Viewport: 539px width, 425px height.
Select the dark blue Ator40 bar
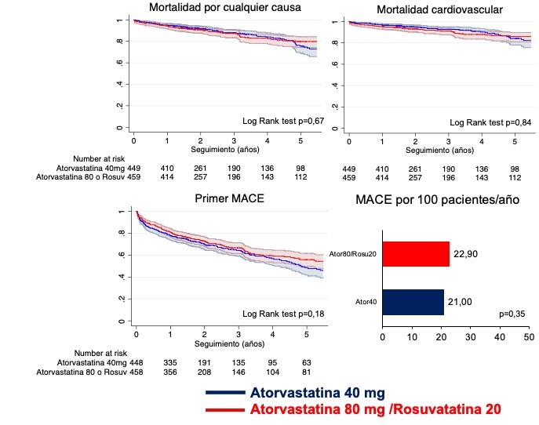(413, 303)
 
